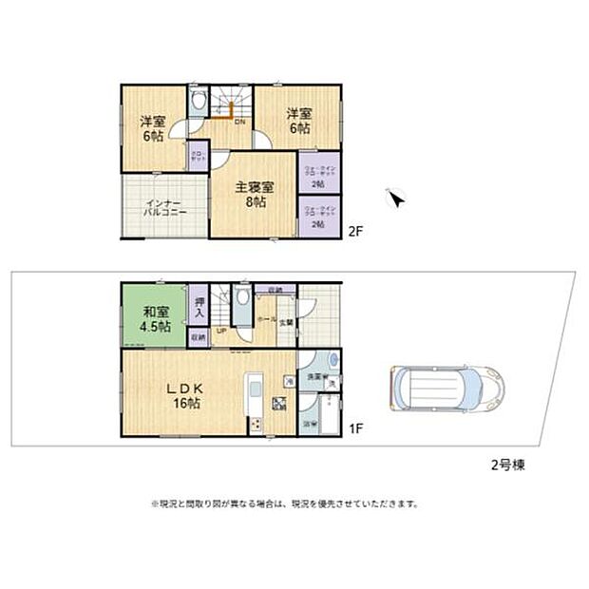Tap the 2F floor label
pyautogui.click(x=355, y=230)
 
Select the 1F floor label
pyautogui.click(x=355, y=428)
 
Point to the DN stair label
pyautogui.click(x=239, y=122)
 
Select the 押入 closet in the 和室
pyautogui.click(x=199, y=305)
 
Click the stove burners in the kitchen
pyautogui.click(x=279, y=403)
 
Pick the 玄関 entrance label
pyautogui.click(x=285, y=322)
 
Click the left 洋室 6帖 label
pyautogui.click(x=151, y=129)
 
